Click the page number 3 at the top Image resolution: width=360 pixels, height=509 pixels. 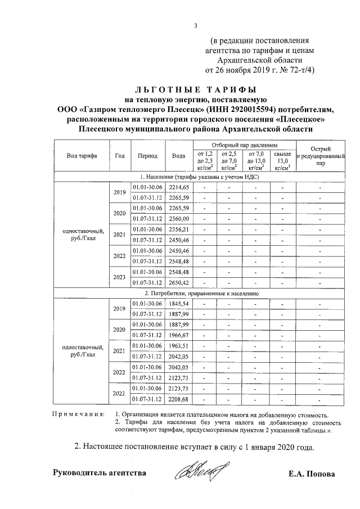tap(196, 25)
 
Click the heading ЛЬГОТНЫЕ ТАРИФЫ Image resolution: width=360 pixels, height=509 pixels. tap(195, 89)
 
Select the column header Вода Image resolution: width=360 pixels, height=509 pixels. tap(179, 156)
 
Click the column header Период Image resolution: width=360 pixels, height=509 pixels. tap(147, 156)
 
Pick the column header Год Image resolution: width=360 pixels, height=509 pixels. tap(119, 156)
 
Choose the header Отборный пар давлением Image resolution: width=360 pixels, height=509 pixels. tap(242, 145)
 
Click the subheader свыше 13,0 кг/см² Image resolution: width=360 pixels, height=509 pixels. tap(281, 160)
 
